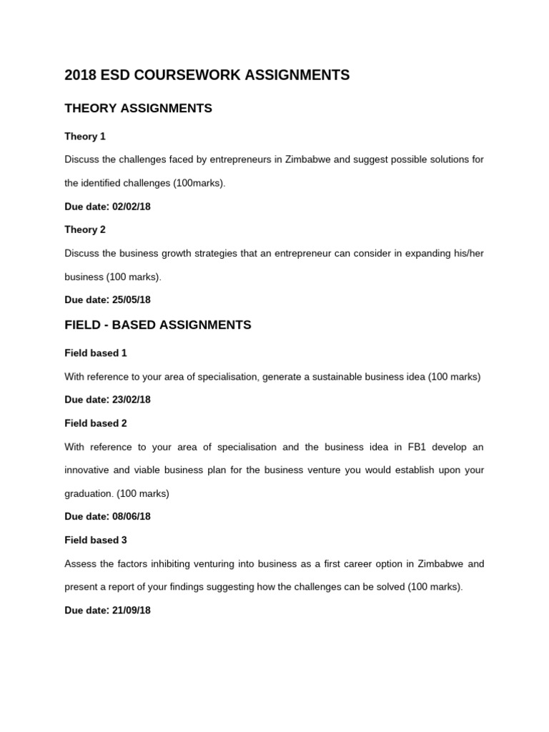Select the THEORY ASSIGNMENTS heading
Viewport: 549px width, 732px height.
pyautogui.click(x=138, y=109)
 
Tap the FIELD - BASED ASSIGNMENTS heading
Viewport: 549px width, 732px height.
pyautogui.click(x=157, y=325)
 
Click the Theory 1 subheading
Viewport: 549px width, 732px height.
pyautogui.click(x=84, y=136)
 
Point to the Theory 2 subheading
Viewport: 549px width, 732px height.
pyautogui.click(x=84, y=229)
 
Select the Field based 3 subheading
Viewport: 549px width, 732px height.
pyautogui.click(x=95, y=540)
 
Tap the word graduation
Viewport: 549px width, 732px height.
pyautogui.click(x=89, y=493)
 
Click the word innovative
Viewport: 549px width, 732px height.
pyautogui.click(x=89, y=470)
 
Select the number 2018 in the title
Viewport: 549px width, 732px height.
pyautogui.click(x=79, y=75)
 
